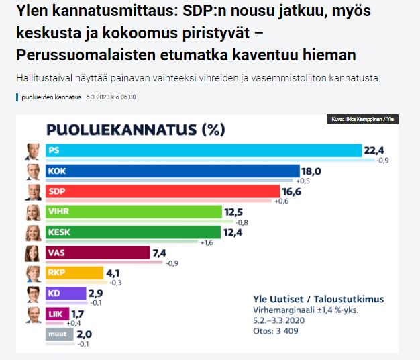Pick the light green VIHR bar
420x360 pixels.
[134, 212]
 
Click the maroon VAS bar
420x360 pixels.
[97, 253]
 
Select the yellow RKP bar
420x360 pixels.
[73, 273]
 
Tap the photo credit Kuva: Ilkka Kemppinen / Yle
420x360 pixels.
[363, 120]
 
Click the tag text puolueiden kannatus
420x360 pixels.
[51, 97]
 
